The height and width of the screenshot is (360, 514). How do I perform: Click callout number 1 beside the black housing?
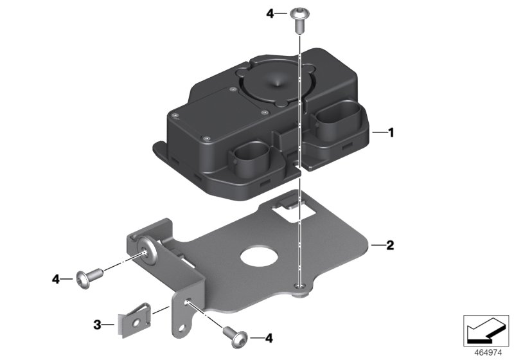pyautogui.click(x=391, y=133)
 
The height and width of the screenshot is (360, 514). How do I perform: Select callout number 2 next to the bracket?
pyautogui.click(x=390, y=245)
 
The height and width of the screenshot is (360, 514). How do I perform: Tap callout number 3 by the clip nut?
pyautogui.click(x=97, y=325)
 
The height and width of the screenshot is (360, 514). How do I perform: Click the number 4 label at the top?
pyautogui.click(x=270, y=14)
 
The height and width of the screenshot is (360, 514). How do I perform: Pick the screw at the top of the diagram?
pyautogui.click(x=299, y=20)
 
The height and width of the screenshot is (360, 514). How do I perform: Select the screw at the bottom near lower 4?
pyautogui.click(x=235, y=337)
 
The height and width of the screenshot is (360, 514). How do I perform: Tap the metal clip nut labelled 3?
pyautogui.click(x=134, y=320)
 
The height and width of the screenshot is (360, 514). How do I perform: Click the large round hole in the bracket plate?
pyautogui.click(x=260, y=256)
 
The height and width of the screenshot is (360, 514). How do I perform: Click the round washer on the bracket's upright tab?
pyautogui.click(x=149, y=251)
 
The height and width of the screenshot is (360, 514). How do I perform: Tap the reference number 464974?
pyautogui.click(x=488, y=353)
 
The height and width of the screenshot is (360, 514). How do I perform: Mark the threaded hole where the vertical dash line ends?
pyautogui.click(x=298, y=286)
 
